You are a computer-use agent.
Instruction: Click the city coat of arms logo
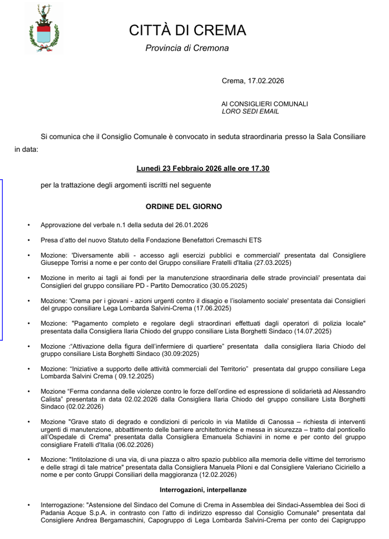point(44,28)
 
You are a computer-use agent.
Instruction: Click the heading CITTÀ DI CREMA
point(187,31)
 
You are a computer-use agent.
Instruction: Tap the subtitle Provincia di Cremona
point(187,48)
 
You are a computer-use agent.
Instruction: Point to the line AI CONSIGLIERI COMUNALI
point(264,104)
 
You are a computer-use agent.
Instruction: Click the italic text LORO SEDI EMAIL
point(250,111)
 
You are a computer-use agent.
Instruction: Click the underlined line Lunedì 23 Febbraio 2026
point(203,168)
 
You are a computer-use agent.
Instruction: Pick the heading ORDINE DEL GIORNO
point(184,206)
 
